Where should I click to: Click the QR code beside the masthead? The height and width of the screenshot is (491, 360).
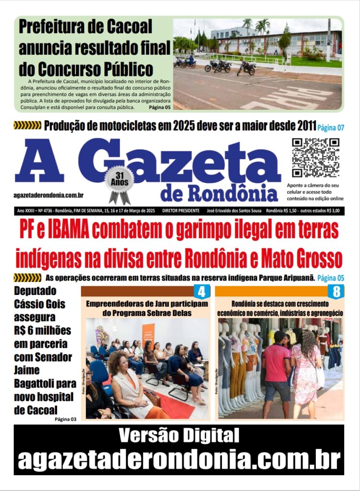315,158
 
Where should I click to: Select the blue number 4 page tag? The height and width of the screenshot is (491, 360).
201,291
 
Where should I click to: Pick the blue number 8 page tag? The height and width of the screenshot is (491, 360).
336,291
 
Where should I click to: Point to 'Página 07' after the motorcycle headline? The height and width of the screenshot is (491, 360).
331,128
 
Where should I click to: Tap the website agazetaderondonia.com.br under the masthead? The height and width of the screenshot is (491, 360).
49,195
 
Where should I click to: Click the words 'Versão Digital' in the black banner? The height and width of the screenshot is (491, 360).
179,435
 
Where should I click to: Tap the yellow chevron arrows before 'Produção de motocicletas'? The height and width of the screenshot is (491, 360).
27,126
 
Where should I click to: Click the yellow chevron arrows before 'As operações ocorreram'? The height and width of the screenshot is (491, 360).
27,278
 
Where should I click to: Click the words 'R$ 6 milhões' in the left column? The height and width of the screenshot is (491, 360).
43,330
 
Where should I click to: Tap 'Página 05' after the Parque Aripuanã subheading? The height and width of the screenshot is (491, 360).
331,278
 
